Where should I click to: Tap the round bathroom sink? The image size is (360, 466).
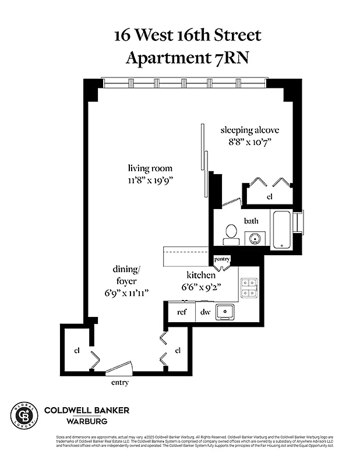(255, 238)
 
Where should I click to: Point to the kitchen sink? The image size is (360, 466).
(225, 312)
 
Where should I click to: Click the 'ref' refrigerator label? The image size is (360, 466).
(182, 312)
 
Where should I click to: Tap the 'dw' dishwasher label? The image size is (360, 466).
(204, 312)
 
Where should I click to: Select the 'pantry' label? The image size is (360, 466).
(222, 259)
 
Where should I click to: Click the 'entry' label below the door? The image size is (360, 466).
(119, 383)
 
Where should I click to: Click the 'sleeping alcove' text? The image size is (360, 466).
(246, 129)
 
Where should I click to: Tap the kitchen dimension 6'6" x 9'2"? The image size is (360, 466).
(202, 287)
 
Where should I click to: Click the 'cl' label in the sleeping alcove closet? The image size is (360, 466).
(269, 197)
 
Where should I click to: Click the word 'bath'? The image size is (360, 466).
(251, 221)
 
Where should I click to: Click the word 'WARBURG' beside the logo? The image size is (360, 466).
(90, 421)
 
